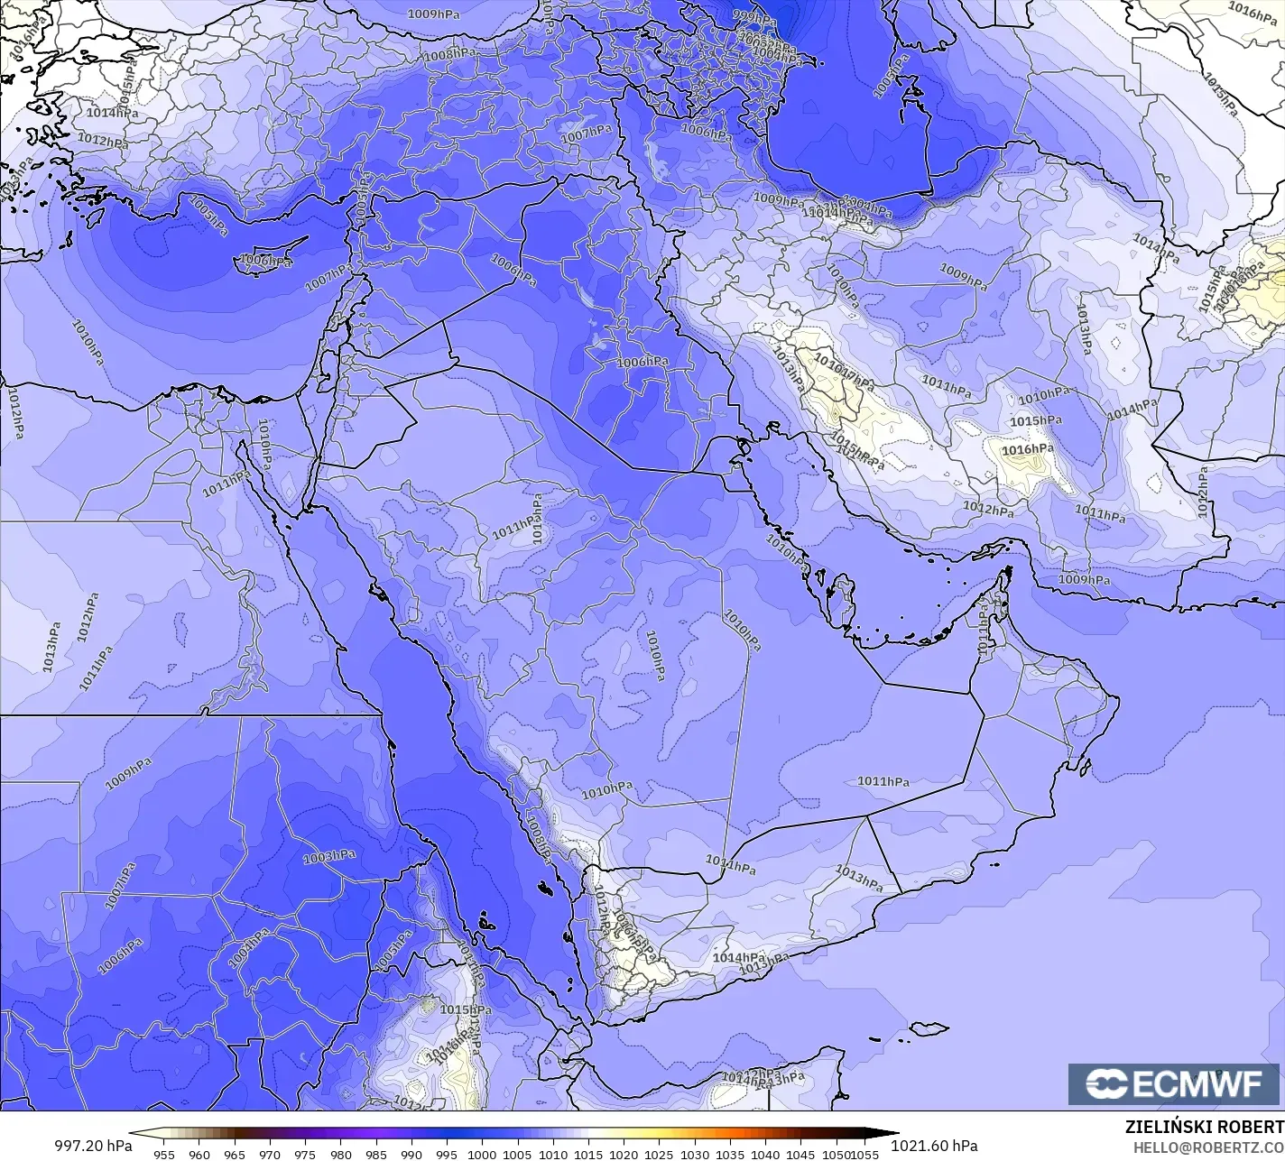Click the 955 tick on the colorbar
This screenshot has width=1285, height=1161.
pos(163,1154)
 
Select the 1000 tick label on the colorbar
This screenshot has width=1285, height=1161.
pos(482,1154)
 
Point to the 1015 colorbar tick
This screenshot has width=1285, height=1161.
pos(588,1154)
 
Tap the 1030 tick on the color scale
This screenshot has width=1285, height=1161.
pos(694,1154)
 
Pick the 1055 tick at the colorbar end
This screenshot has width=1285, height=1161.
pos(865,1154)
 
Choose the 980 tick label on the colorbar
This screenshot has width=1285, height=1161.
pos(340,1154)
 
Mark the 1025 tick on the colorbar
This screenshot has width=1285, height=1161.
pos(659,1154)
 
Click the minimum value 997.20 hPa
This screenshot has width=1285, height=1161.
pos(93,1145)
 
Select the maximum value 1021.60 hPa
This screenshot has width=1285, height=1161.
pos(934,1145)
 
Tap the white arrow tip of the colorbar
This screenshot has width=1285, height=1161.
pos(135,1135)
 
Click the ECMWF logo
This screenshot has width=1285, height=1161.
pos(1176,1084)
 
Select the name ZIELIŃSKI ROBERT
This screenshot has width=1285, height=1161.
pos(1204,1127)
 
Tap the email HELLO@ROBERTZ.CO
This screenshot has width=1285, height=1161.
pos(1208,1147)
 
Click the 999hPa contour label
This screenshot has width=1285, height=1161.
pos(754,17)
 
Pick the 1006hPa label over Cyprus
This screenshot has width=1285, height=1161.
pos(265,262)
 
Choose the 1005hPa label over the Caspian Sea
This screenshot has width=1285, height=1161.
pos(891,77)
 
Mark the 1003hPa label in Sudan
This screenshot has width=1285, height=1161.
pos(328,856)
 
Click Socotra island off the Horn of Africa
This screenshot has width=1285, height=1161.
pos(929,1028)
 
